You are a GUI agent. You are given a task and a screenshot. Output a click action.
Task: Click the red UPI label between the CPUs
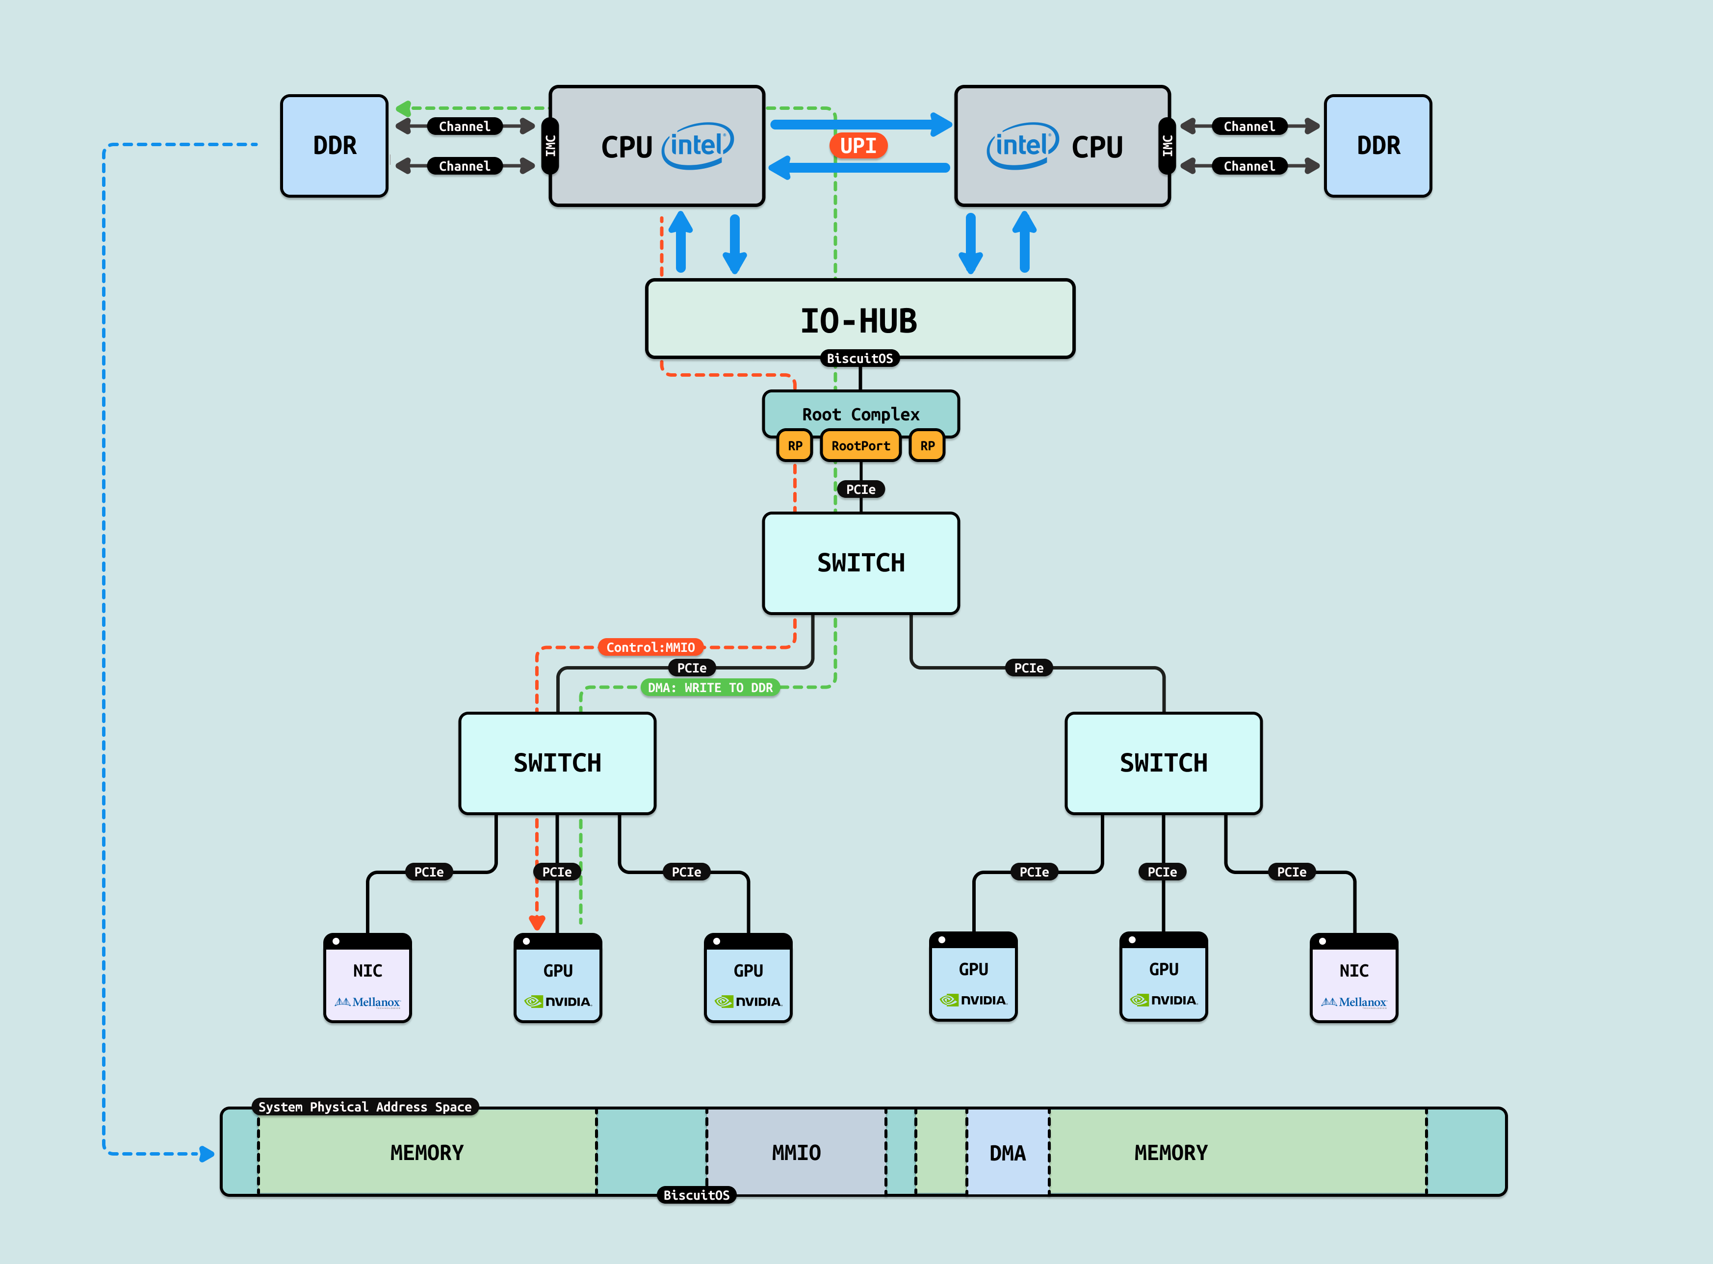click(857, 145)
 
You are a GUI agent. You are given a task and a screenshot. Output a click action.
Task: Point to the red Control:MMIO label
click(650, 647)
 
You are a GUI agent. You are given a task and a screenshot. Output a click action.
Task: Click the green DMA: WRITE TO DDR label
click(710, 688)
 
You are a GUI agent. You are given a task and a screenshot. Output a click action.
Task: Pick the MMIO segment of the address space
click(796, 1152)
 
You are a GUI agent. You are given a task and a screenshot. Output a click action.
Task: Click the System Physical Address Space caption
click(365, 1107)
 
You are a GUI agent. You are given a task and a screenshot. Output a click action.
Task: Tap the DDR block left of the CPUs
click(335, 145)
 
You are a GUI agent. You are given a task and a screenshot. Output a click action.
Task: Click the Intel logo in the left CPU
click(697, 145)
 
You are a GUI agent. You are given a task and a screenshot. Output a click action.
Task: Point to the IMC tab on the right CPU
click(1167, 145)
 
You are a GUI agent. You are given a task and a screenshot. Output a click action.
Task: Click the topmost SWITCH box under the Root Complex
click(861, 563)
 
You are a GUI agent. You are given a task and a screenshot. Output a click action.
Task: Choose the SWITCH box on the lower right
click(1163, 763)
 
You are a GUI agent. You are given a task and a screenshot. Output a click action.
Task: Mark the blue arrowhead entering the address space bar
click(207, 1154)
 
